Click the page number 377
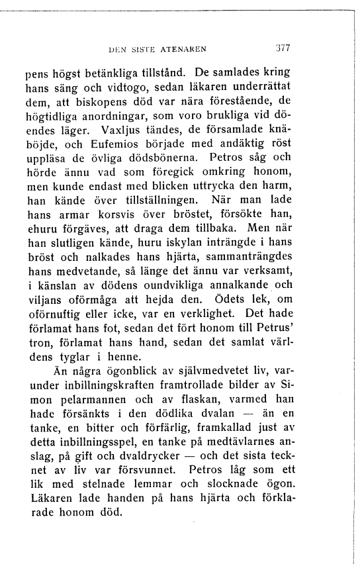tap(285, 48)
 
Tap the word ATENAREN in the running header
tap(185, 48)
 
